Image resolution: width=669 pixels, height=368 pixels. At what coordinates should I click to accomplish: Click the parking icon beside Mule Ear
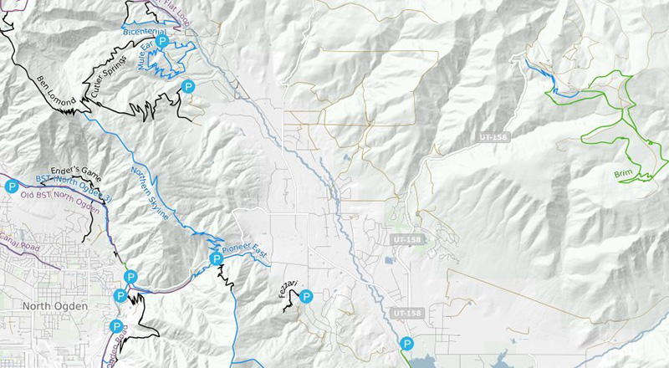point(164,40)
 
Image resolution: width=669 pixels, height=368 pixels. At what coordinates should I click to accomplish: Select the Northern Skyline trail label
point(151,194)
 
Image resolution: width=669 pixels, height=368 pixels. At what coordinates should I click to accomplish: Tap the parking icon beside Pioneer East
point(216,258)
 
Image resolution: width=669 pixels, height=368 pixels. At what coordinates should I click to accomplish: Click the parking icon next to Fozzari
point(306,295)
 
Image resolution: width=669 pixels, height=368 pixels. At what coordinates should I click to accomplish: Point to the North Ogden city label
point(57,307)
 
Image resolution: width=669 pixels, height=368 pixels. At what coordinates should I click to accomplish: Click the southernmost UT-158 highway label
point(408,312)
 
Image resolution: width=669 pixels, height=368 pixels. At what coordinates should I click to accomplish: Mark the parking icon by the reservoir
point(406,343)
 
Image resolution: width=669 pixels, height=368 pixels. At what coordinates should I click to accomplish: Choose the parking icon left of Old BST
point(11,185)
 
